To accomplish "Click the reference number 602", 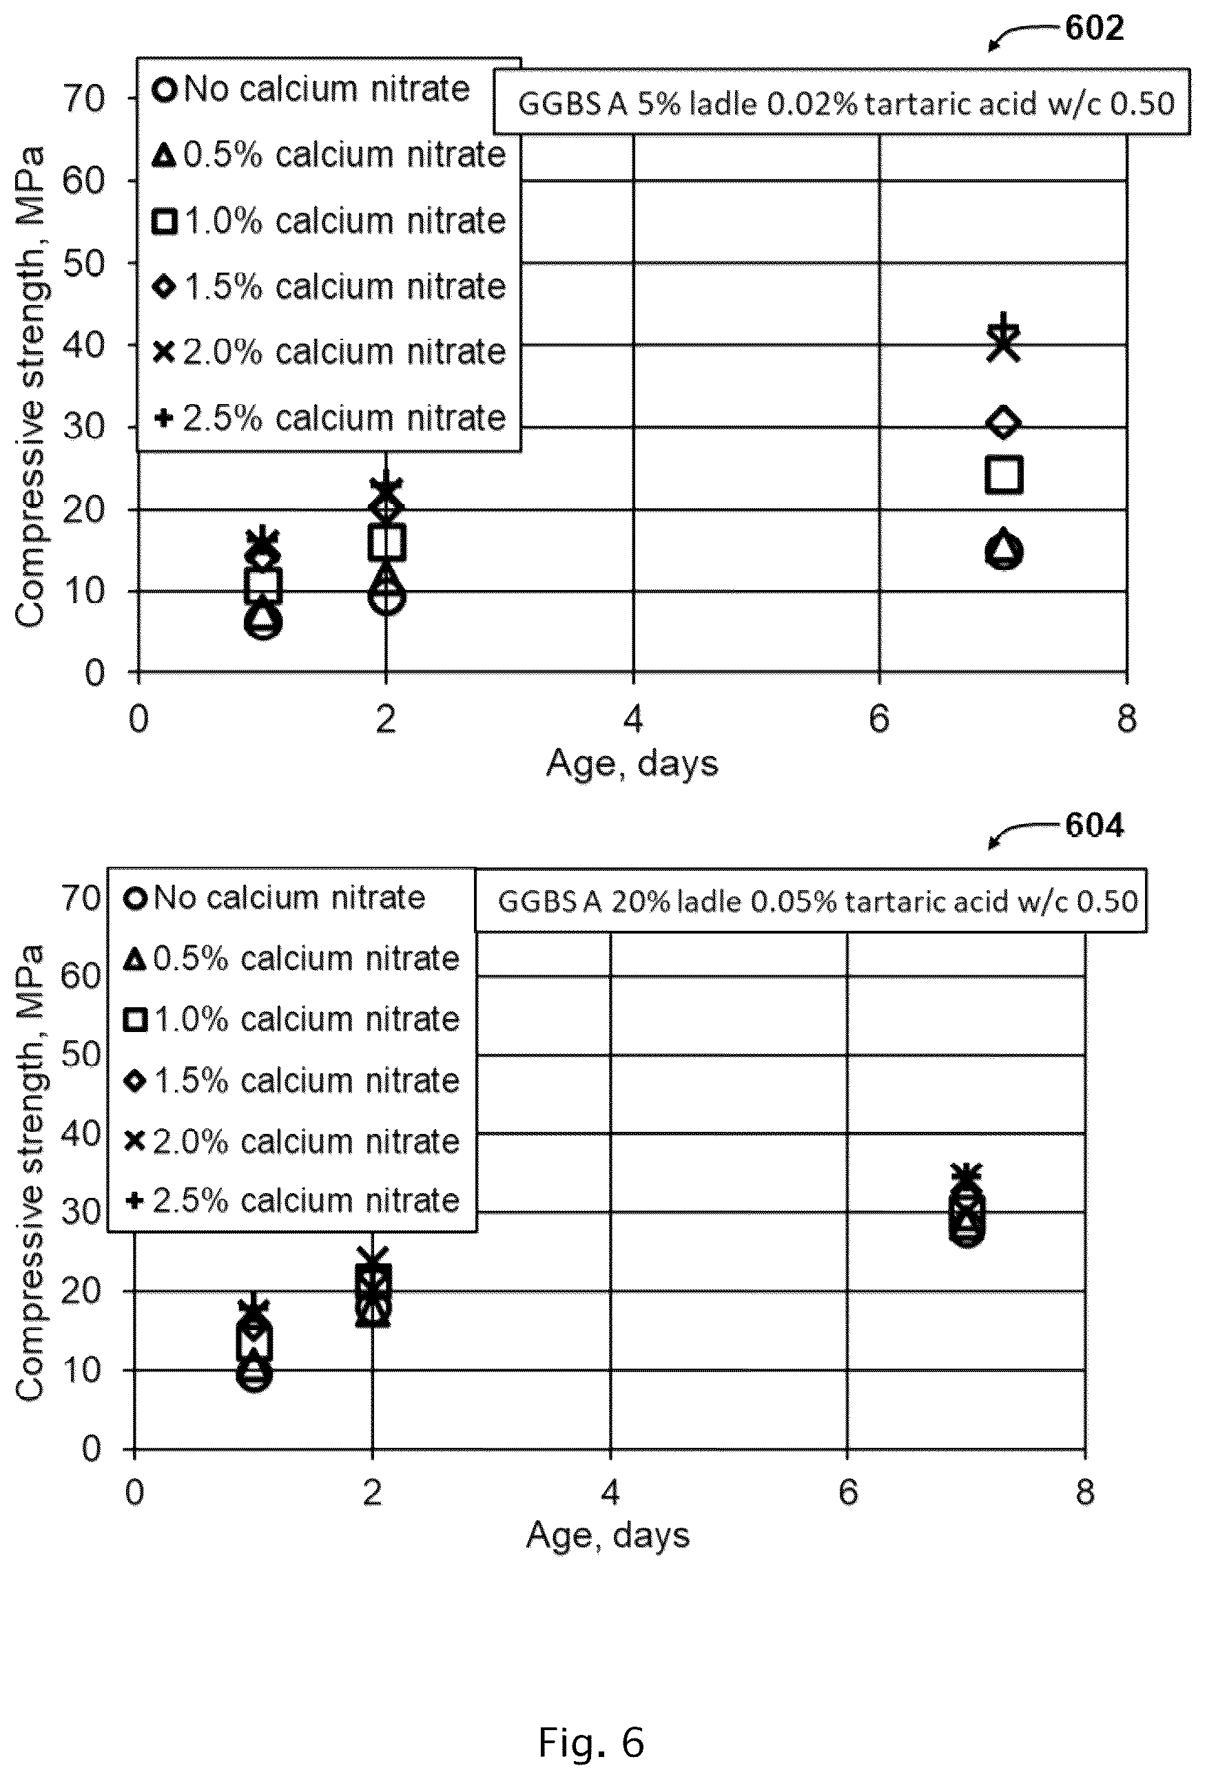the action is [x=1095, y=28].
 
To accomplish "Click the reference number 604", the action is [x=1095, y=825].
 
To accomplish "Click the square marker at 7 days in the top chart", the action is [x=1004, y=474].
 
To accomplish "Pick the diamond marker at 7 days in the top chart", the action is [x=1004, y=422].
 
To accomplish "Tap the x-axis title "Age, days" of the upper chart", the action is [x=632, y=764].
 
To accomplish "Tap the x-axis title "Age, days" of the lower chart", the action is [x=608, y=1535].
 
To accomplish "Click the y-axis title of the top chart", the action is [x=30, y=386].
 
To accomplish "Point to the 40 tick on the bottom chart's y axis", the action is [x=81, y=1133].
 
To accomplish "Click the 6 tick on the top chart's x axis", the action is [x=879, y=719].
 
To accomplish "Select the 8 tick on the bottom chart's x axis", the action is [x=1085, y=1492].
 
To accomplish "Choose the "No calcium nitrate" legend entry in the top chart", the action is [x=311, y=90].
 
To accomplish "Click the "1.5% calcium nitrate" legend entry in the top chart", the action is [x=329, y=287].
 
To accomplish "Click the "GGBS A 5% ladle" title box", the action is [x=842, y=103].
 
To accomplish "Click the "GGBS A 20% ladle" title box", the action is [x=811, y=901].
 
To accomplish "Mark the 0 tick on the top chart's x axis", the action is [x=138, y=719].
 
